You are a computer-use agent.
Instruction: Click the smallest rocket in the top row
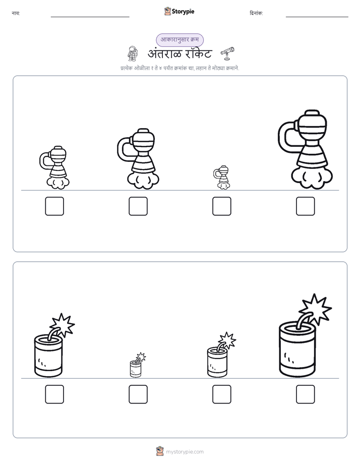(221, 178)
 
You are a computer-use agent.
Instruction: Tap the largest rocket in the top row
(306, 149)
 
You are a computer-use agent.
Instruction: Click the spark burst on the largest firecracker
(316, 309)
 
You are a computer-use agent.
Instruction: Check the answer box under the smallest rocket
(221, 206)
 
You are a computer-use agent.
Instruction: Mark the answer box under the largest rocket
(306, 206)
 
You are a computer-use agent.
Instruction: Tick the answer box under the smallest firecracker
(138, 394)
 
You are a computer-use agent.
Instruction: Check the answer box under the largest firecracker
(306, 394)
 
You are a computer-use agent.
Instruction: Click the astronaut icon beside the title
(133, 53)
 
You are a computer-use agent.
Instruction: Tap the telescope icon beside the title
(227, 53)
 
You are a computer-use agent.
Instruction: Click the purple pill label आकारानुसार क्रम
(179, 40)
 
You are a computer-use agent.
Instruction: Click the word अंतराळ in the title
(164, 54)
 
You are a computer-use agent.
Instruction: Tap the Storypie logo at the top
(179, 11)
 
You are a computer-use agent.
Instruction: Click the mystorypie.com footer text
(185, 452)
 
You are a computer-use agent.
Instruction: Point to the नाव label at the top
(16, 13)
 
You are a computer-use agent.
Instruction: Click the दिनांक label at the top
(256, 13)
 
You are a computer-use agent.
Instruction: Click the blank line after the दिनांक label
(317, 17)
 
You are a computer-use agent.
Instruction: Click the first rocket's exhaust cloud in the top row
(58, 183)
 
